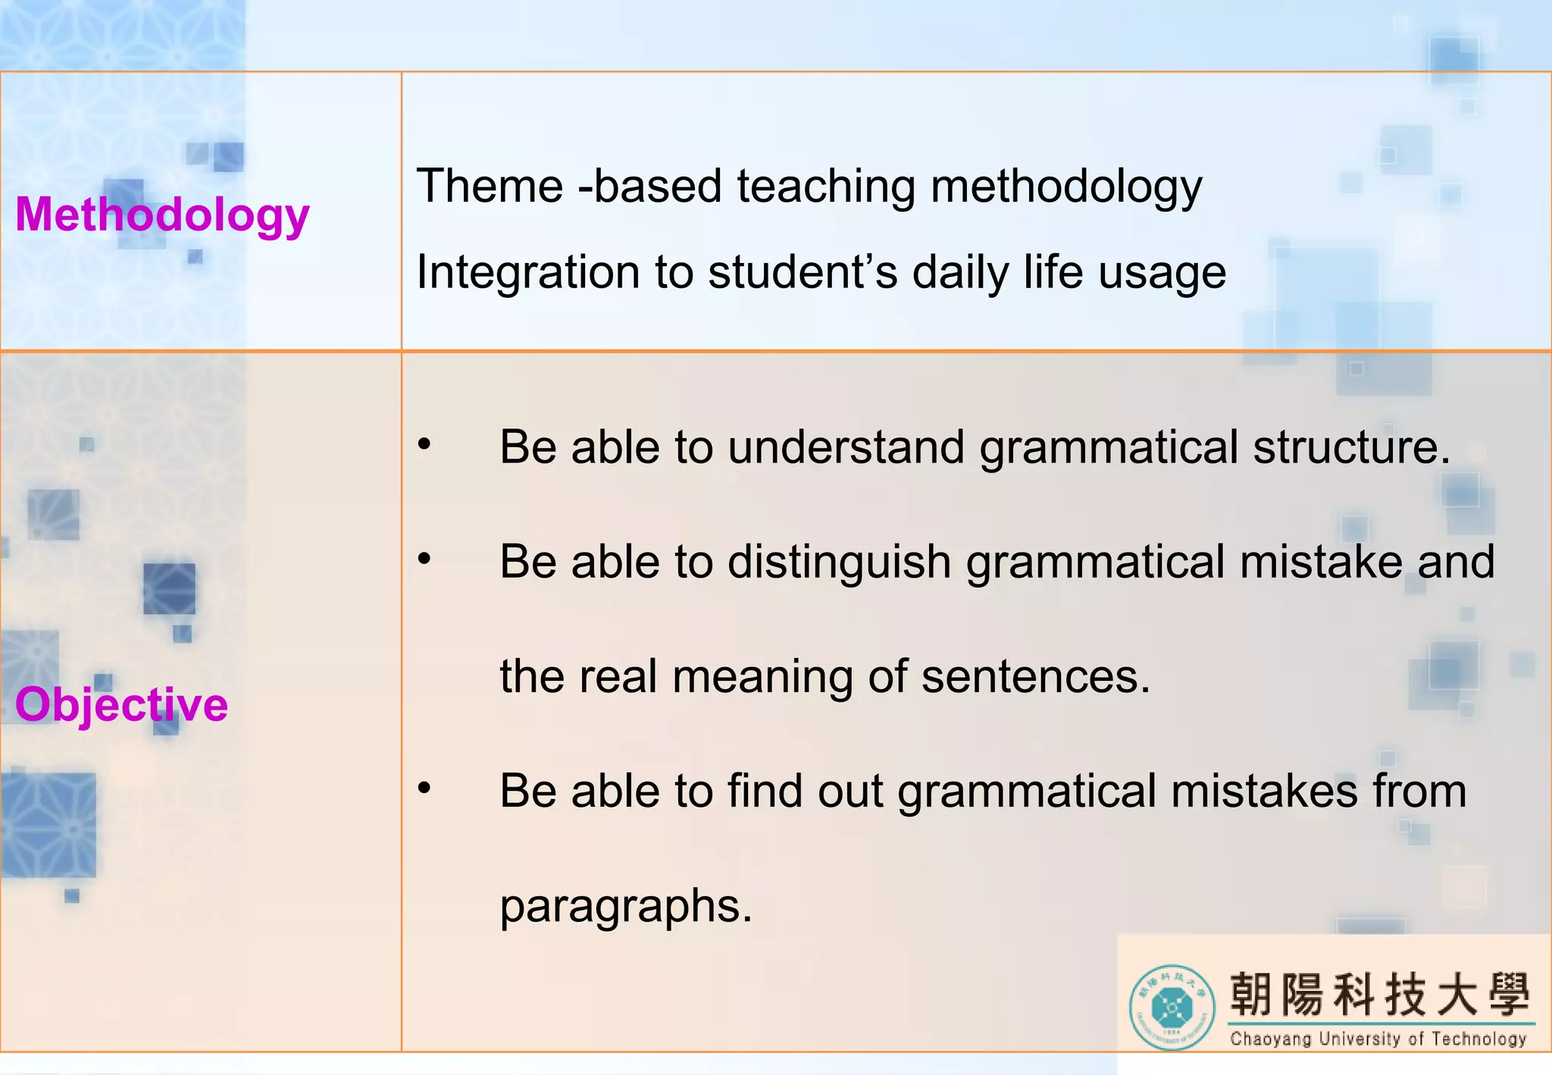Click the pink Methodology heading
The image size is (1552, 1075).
[x=162, y=215]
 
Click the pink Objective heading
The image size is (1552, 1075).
[x=121, y=704]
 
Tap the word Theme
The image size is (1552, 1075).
[x=490, y=186]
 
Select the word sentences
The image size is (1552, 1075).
[x=1035, y=677]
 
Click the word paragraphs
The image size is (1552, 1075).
[x=626, y=907]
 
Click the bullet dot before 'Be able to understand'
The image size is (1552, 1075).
[x=425, y=445]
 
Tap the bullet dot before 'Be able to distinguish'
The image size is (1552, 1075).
[x=425, y=560]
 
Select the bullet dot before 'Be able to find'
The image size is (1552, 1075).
[x=425, y=789]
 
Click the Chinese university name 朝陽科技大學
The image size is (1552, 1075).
[x=1380, y=994]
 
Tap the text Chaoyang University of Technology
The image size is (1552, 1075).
[x=1378, y=1039]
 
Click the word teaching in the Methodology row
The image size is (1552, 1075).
[x=826, y=186]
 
